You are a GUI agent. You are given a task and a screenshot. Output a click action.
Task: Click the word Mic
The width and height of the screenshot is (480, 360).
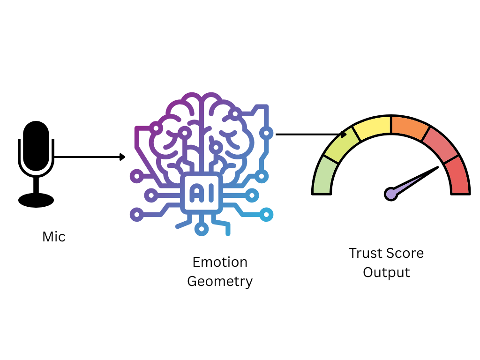click(54, 237)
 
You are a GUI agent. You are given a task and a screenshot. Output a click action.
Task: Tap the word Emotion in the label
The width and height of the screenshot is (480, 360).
click(220, 262)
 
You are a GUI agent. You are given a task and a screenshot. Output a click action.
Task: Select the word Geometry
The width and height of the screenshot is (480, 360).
click(220, 281)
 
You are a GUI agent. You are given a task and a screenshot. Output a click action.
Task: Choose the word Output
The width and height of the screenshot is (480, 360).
click(386, 272)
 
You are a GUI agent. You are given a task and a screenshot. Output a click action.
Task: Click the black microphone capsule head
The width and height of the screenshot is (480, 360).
click(36, 146)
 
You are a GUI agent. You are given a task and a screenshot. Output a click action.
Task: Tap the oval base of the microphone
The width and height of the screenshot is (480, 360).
click(36, 200)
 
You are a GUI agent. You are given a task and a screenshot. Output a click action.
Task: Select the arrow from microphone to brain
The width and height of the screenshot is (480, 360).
click(89, 157)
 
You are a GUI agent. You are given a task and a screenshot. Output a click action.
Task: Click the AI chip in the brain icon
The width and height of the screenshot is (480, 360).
click(202, 192)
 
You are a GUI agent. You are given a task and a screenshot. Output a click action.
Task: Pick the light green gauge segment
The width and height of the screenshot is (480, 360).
click(323, 176)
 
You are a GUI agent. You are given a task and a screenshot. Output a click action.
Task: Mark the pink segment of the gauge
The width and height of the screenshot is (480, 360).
click(439, 143)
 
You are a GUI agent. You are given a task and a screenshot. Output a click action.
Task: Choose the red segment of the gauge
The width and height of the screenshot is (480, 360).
click(458, 176)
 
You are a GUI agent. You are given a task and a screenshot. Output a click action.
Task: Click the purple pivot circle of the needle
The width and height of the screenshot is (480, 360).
click(391, 193)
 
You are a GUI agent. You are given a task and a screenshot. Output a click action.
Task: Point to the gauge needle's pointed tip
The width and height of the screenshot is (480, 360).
click(438, 167)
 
